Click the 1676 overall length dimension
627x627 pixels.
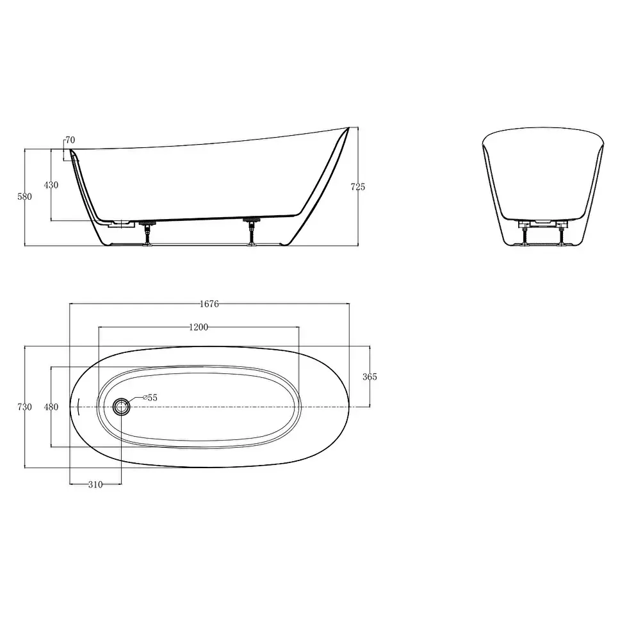(209, 304)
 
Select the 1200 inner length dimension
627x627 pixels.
(199, 327)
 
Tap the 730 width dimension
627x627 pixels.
(25, 407)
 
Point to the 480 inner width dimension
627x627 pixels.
(51, 407)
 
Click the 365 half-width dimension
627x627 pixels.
(370, 377)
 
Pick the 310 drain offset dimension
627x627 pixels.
(95, 484)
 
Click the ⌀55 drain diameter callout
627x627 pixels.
(151, 398)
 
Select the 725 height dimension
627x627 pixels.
(358, 186)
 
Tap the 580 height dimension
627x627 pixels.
(25, 197)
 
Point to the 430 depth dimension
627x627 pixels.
(51, 184)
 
